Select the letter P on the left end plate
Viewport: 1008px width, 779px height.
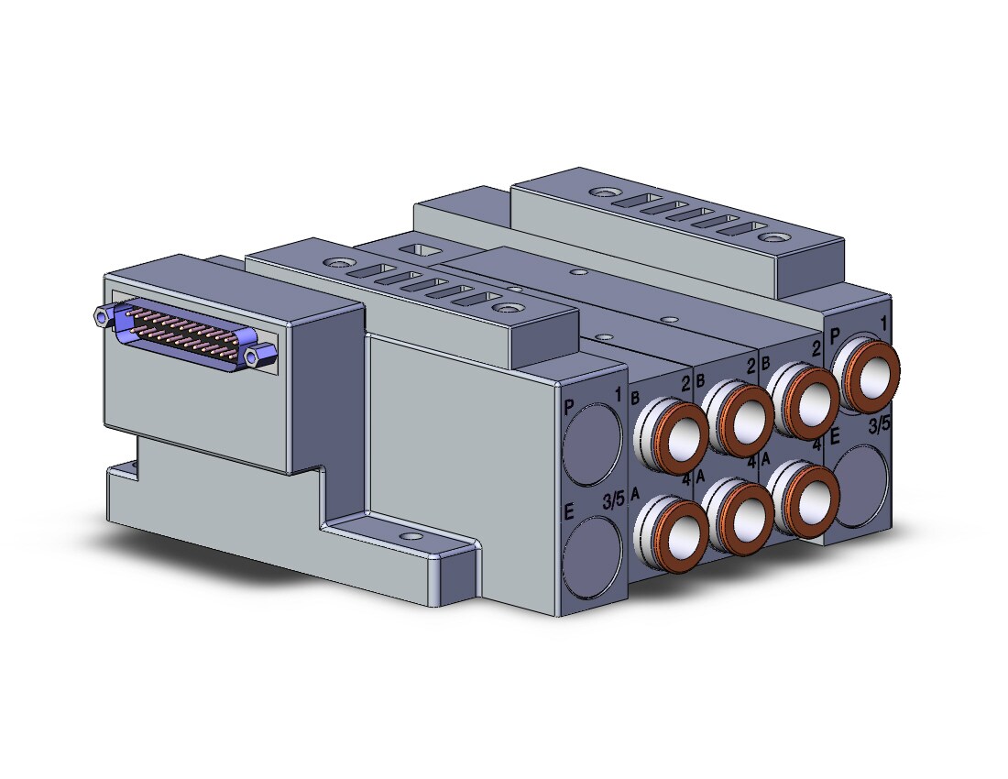(x=569, y=406)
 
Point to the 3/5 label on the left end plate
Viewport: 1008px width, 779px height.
(x=613, y=499)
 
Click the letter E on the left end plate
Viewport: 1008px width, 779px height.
(x=568, y=511)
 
